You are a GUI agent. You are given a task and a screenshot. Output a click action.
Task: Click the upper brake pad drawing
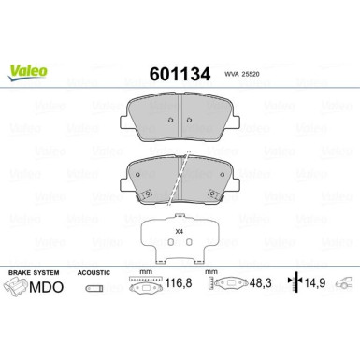click(x=180, y=118)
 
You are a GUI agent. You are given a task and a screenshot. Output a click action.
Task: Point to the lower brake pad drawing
click(x=180, y=178)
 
